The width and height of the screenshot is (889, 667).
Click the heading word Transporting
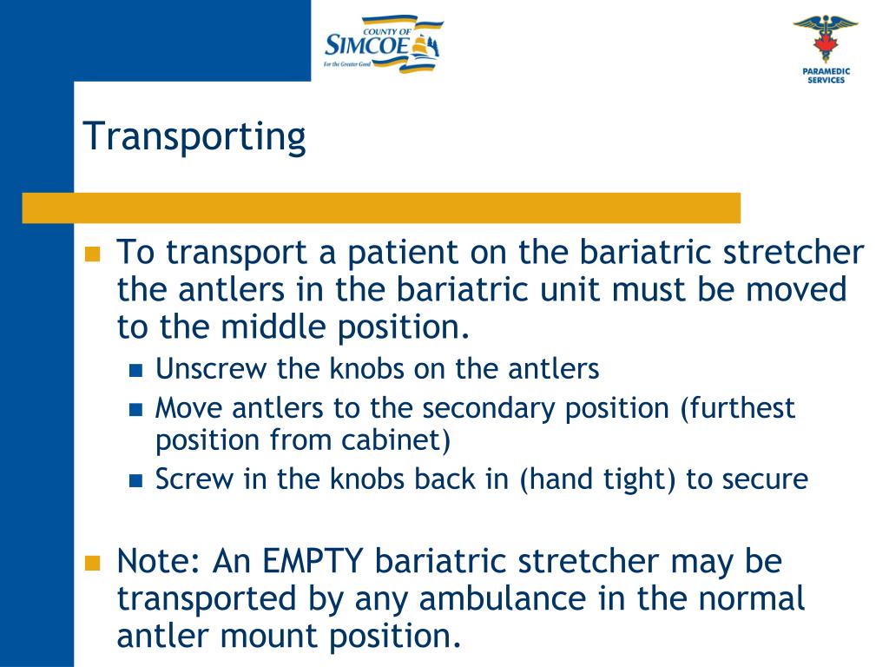(x=194, y=138)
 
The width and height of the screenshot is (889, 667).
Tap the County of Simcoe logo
(x=382, y=43)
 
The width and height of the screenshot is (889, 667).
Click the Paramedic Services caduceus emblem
(x=825, y=39)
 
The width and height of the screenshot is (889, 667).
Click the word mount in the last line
(x=279, y=637)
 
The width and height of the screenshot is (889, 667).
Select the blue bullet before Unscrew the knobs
(x=135, y=371)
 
